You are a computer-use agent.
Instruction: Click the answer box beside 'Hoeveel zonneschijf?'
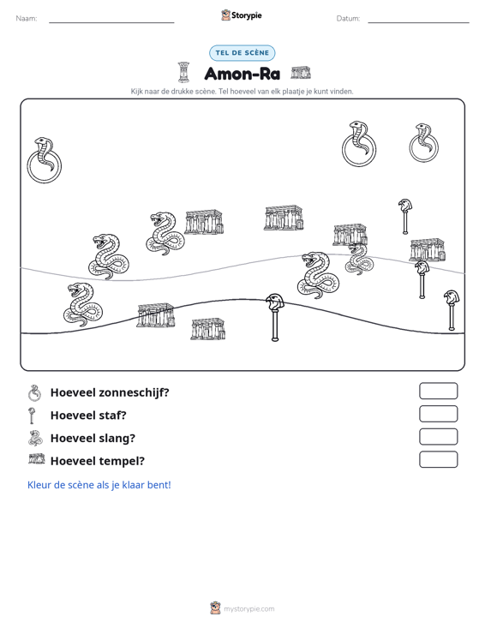[438, 391]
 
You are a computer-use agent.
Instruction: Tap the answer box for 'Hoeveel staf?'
[438, 414]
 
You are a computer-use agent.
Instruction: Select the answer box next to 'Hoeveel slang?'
[438, 437]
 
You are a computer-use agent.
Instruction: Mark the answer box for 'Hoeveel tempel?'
[438, 459]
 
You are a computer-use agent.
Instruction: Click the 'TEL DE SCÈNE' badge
[242, 53]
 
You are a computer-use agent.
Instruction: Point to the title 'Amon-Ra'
[242, 74]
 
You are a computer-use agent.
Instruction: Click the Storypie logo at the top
[242, 15]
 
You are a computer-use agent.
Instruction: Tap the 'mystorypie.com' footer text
[248, 609]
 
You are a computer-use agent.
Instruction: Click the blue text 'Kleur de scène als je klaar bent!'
[99, 485]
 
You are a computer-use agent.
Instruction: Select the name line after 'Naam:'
[111, 22]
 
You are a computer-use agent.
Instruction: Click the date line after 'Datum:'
[418, 22]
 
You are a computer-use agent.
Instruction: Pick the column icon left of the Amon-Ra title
[183, 72]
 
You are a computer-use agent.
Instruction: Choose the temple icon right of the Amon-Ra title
[301, 73]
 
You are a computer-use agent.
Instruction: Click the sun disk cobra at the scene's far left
[44, 160]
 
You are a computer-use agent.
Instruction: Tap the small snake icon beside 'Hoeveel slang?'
[35, 438]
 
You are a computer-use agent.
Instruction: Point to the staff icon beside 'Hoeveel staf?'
[32, 416]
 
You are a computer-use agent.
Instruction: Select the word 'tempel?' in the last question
[121, 462]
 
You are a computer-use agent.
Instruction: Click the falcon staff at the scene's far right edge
[452, 310]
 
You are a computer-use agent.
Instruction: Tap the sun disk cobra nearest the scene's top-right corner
[423, 143]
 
